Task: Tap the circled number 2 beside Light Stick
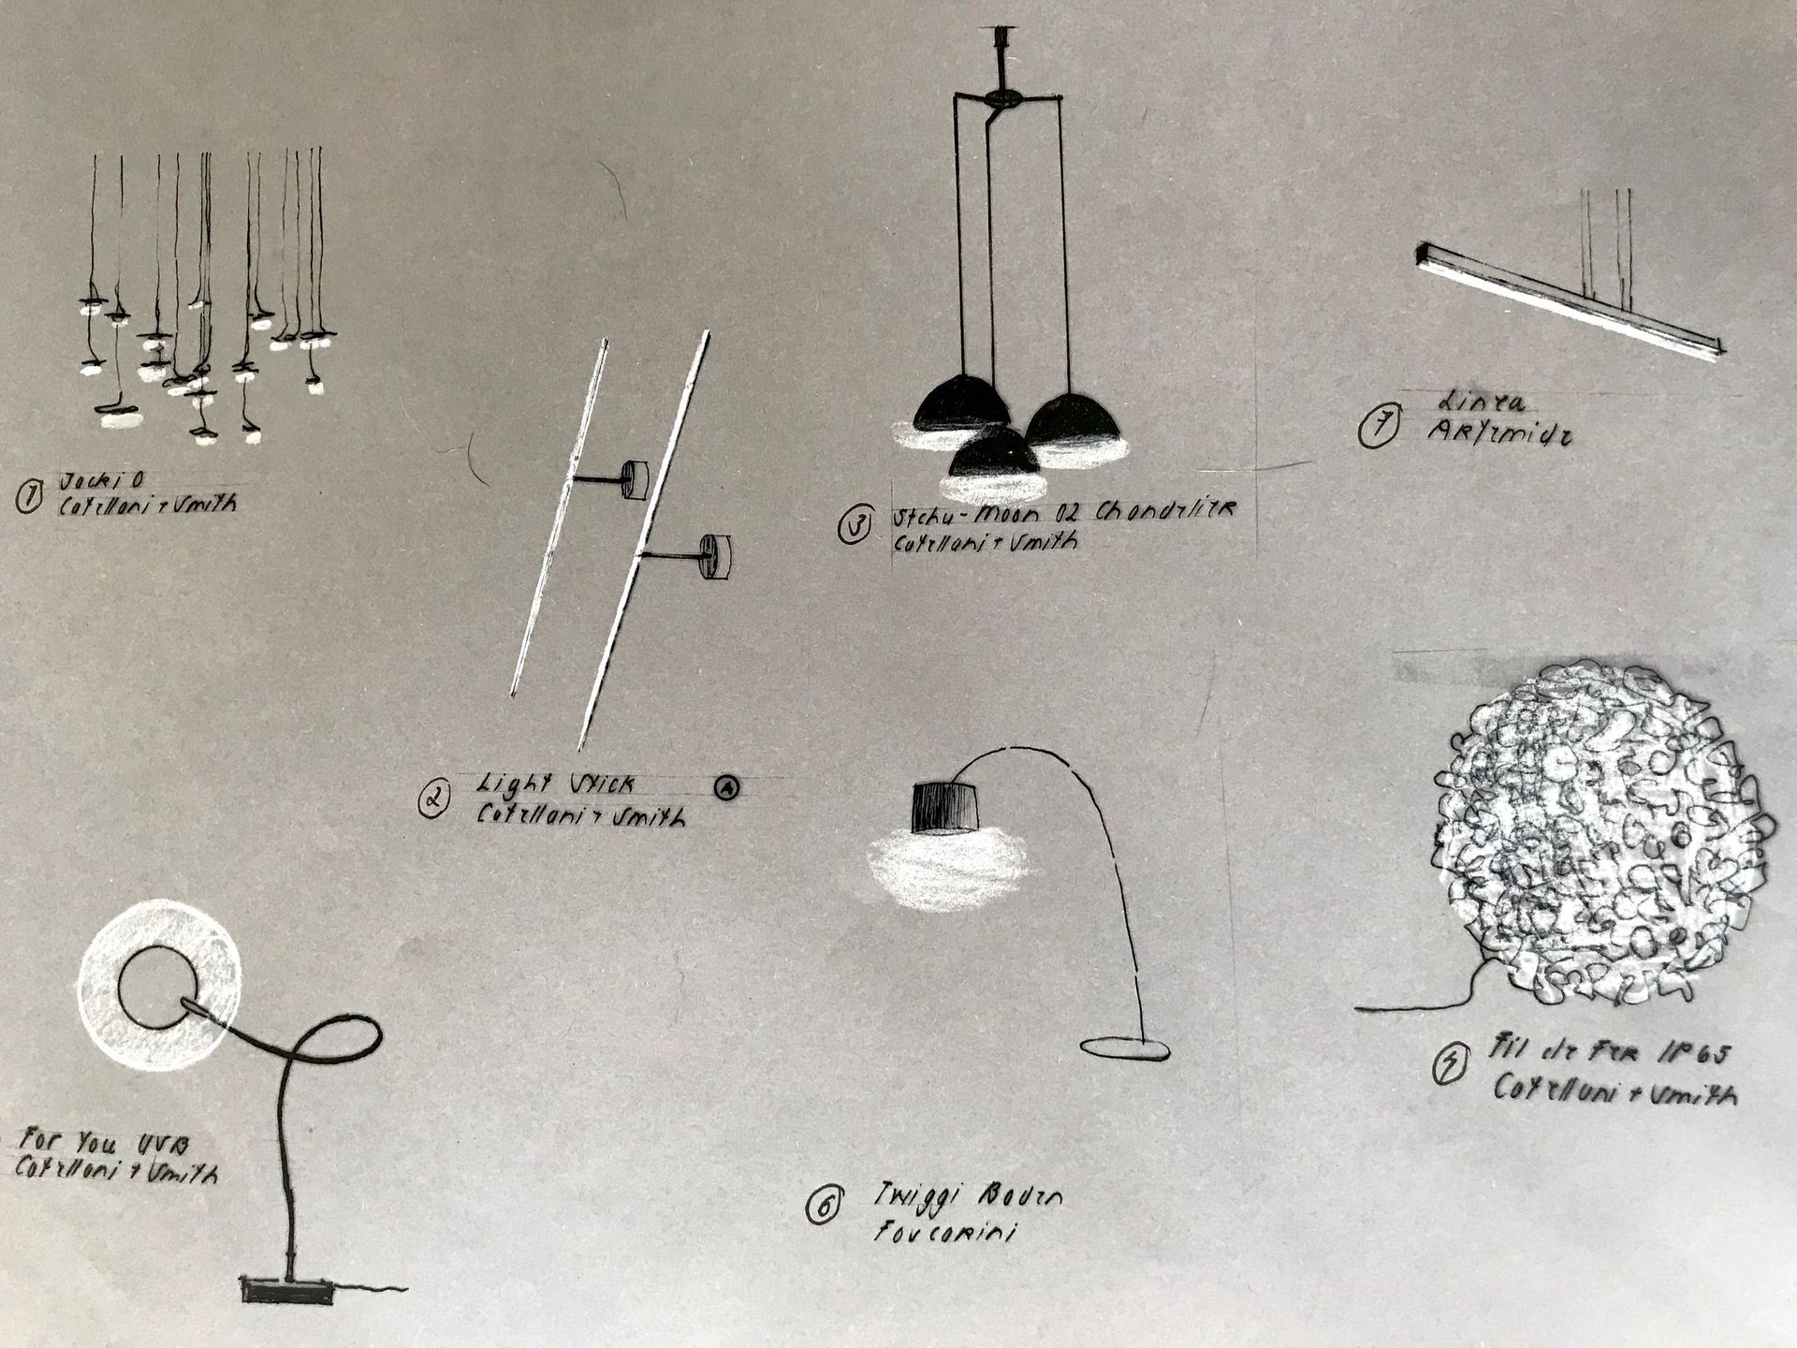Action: click(x=433, y=799)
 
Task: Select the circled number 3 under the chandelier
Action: click(x=855, y=524)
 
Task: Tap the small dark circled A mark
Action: click(x=726, y=788)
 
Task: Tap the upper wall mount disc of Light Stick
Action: click(x=636, y=479)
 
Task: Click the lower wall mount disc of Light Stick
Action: click(x=717, y=556)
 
